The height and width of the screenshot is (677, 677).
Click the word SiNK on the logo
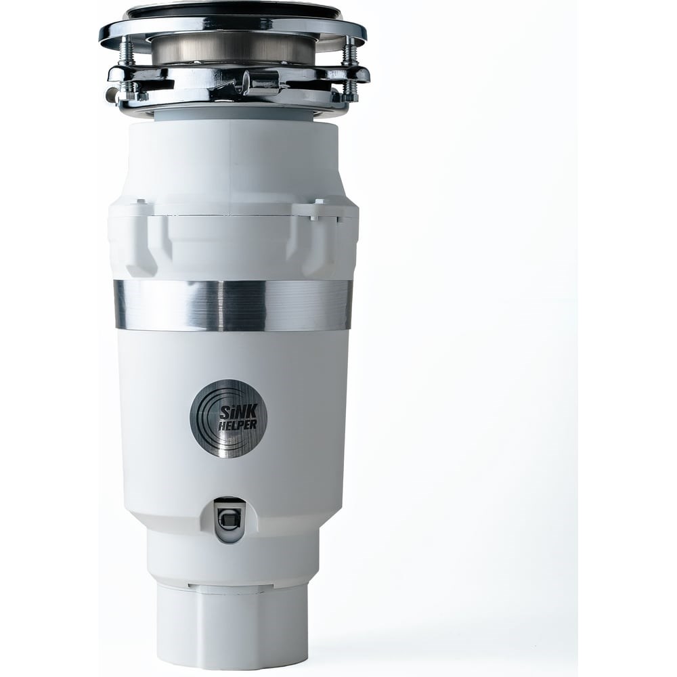pyautogui.click(x=234, y=411)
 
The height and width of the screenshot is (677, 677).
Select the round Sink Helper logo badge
pyautogui.click(x=228, y=418)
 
